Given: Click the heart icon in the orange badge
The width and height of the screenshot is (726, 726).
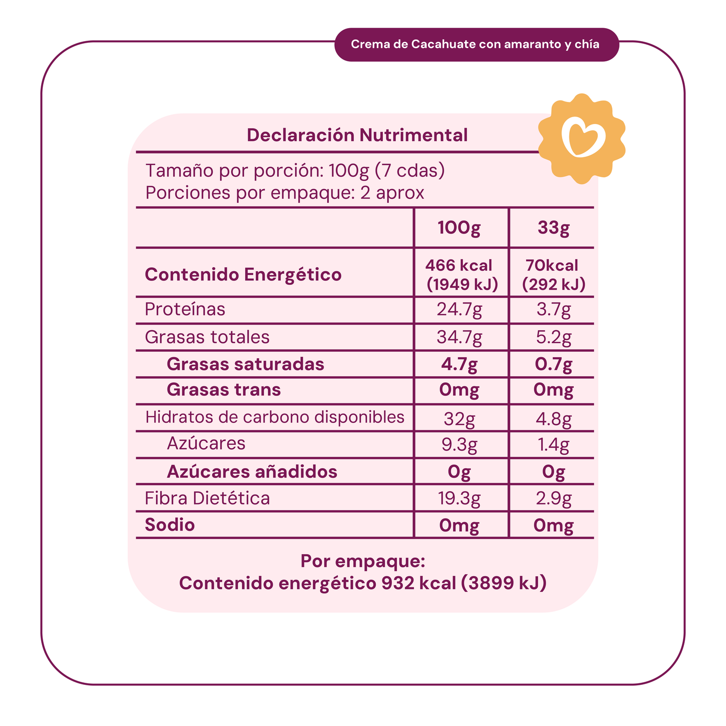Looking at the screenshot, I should [582, 138].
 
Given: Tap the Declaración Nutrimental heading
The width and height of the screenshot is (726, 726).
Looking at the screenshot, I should [357, 135].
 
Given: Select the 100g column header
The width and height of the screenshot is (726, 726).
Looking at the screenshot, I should [459, 228].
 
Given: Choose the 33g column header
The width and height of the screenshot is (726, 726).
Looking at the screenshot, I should [553, 228].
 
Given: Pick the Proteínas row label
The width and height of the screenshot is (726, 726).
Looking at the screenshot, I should [185, 309].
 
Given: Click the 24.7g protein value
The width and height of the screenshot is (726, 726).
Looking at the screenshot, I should [459, 310].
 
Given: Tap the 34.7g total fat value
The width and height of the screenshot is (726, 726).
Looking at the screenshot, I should [459, 337].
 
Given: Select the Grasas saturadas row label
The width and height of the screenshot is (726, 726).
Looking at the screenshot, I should [245, 364].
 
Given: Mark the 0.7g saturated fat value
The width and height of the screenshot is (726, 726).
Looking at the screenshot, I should [553, 364].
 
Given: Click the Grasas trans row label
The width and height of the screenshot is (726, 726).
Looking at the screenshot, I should [224, 390].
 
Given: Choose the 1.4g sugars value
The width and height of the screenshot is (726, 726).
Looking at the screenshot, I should [553, 445].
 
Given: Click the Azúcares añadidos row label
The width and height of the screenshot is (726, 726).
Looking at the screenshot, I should [252, 471].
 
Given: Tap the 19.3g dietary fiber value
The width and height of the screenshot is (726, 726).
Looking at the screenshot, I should [459, 498].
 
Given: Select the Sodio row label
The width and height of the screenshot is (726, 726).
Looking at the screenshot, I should [170, 525].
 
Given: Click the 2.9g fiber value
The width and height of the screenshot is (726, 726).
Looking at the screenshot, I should [553, 498].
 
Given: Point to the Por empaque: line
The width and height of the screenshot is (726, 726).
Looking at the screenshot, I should [363, 561].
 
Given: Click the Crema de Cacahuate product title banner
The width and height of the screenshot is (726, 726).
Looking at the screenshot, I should [475, 45].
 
